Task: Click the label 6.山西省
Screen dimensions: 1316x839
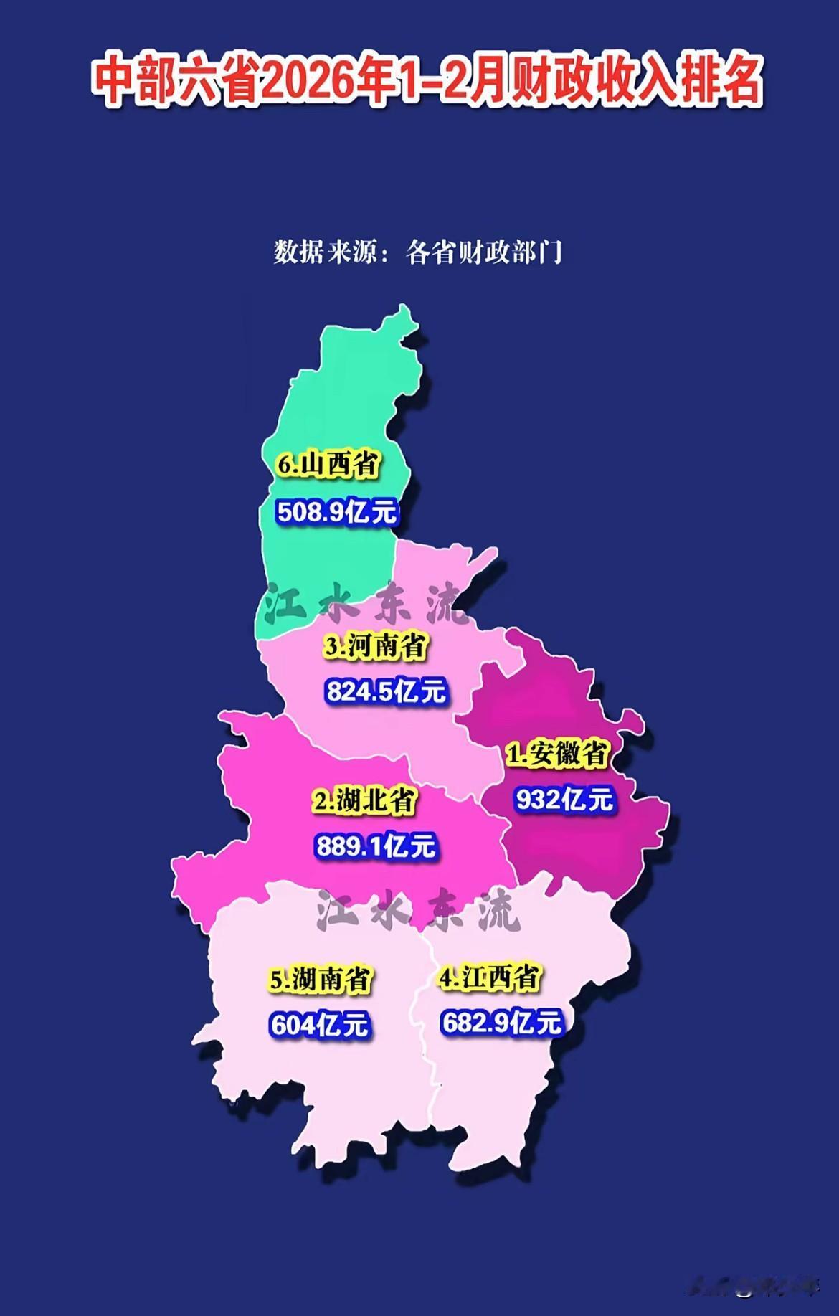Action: coord(328,464)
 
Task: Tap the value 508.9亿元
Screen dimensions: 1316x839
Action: coord(337,512)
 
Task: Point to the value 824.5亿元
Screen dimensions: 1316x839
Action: coord(386,691)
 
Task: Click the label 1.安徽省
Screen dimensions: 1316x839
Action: coord(558,754)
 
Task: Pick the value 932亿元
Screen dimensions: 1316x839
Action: coord(565,799)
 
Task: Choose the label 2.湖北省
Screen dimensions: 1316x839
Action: coord(365,800)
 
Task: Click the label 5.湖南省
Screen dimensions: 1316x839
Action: coord(321,979)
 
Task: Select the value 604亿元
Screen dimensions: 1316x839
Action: coord(320,1025)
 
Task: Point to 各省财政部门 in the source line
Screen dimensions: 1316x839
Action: coord(484,252)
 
